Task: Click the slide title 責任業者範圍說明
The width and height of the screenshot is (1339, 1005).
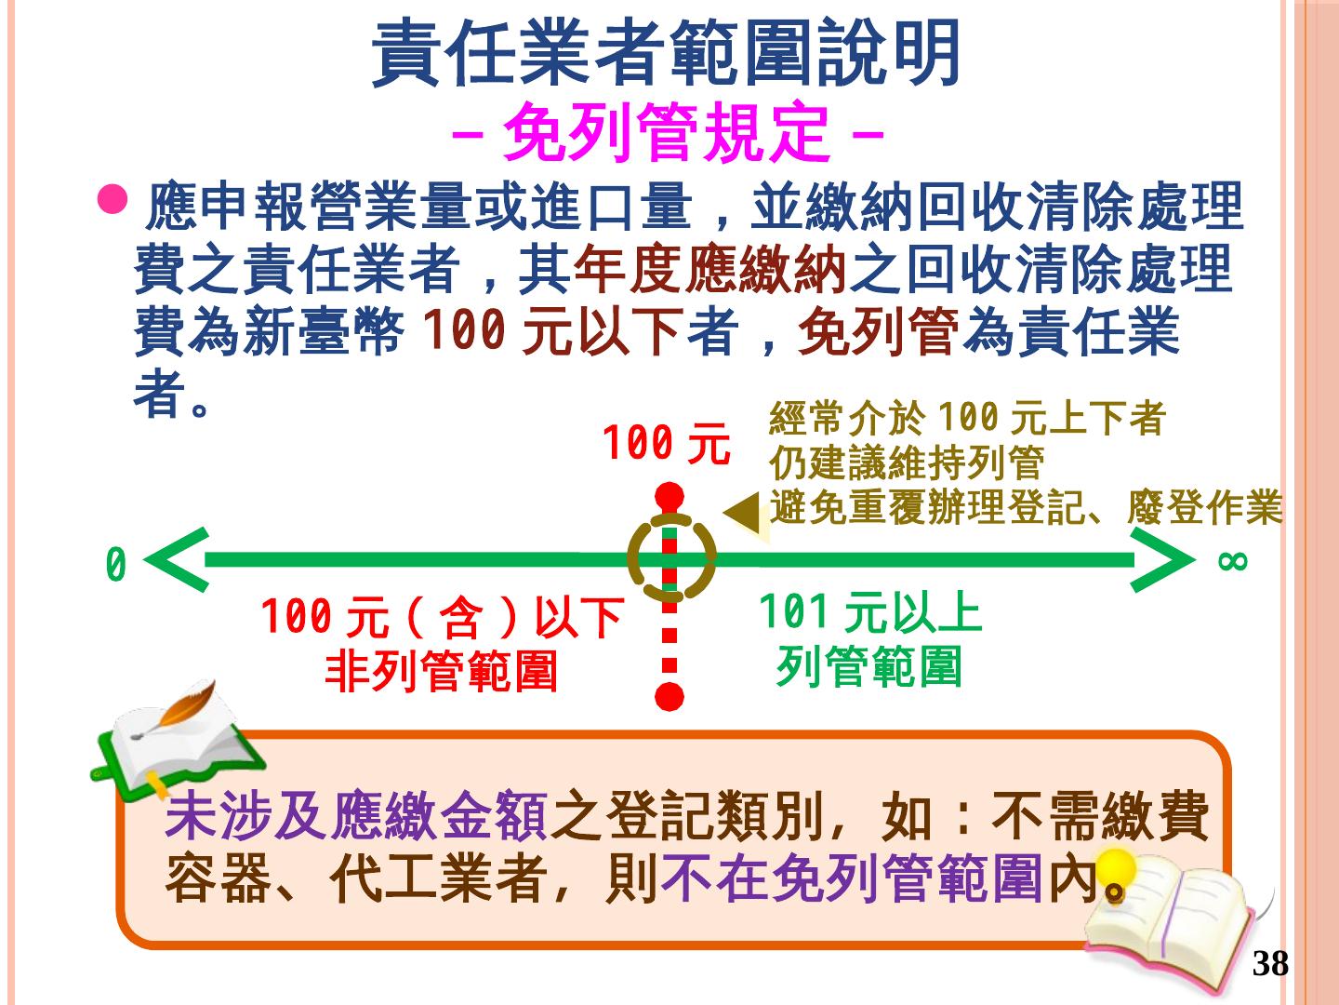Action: [x=666, y=54]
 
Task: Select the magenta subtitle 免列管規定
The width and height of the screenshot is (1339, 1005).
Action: [x=666, y=133]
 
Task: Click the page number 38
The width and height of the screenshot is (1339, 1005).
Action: [x=1270, y=964]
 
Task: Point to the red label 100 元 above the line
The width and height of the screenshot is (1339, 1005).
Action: [x=666, y=444]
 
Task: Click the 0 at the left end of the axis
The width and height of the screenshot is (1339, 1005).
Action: [x=115, y=565]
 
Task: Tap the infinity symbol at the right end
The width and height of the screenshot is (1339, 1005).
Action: [x=1232, y=560]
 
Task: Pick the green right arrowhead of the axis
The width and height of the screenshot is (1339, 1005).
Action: [x=1162, y=560]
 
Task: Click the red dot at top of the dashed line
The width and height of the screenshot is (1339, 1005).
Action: [x=669, y=495]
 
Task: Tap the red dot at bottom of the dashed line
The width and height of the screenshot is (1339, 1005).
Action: [x=669, y=696]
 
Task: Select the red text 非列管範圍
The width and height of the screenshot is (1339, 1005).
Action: [x=442, y=670]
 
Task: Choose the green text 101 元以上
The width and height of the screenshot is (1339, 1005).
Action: [x=870, y=613]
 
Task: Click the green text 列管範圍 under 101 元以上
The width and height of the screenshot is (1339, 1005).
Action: [x=868, y=666]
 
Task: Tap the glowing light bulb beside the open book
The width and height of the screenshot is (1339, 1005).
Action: [x=1116, y=872]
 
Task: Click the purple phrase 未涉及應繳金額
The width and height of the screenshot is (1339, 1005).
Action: [x=356, y=816]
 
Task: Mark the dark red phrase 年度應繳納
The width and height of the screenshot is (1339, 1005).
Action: [x=709, y=271]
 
